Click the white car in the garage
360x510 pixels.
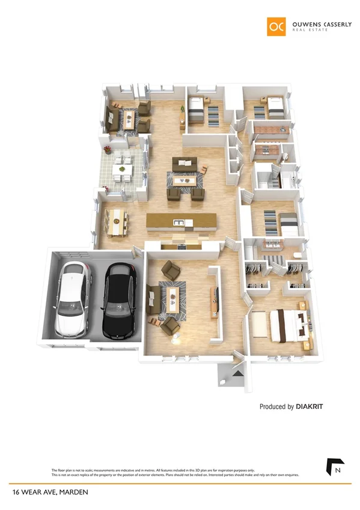pos(73,300)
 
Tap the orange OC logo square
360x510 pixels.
pos(277,26)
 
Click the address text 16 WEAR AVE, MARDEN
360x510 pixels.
pos(50,492)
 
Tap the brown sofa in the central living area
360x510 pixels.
pos(185,164)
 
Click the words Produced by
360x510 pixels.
pos(276,407)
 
